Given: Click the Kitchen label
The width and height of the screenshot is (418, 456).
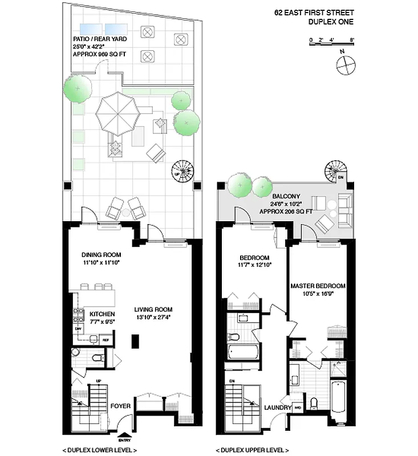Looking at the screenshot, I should pyautogui.click(x=102, y=314).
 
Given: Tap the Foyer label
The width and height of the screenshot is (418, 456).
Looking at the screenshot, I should pyautogui.click(x=120, y=406).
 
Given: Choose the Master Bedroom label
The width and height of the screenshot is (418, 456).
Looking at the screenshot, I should pyautogui.click(x=318, y=286).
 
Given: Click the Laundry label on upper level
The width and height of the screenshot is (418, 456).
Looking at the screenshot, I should pyautogui.click(x=278, y=408).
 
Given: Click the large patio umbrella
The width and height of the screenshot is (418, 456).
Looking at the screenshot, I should pyautogui.click(x=119, y=112).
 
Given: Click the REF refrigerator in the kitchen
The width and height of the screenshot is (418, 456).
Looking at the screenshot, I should pyautogui.click(x=105, y=340).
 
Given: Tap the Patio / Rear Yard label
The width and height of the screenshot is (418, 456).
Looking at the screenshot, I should pyautogui.click(x=100, y=39).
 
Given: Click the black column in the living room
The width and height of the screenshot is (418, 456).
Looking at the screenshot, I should pyautogui.click(x=135, y=341).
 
